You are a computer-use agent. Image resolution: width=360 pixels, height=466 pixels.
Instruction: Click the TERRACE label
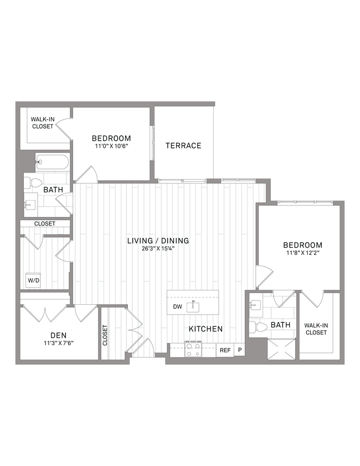[x=183, y=146]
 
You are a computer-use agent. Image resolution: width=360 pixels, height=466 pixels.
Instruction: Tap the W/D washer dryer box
[x=34, y=280]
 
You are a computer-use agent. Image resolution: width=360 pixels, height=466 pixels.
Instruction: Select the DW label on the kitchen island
[x=177, y=306]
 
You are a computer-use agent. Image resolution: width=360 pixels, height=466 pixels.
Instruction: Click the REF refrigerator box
[x=225, y=350]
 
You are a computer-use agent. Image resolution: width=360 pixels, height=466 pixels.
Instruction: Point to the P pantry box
[x=240, y=350]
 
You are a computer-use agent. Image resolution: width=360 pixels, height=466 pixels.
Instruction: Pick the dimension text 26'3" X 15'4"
[x=158, y=249]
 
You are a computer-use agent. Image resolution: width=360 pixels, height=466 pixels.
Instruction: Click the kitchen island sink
[x=194, y=306]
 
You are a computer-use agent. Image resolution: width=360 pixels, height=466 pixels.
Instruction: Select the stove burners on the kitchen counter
[x=193, y=350]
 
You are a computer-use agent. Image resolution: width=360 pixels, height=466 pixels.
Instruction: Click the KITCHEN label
[x=205, y=329]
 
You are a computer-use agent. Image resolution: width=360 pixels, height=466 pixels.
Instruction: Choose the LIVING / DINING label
[x=158, y=241]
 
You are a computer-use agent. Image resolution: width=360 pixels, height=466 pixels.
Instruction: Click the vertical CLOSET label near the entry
[x=105, y=335]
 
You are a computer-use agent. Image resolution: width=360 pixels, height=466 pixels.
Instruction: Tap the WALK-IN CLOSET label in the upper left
[x=42, y=122]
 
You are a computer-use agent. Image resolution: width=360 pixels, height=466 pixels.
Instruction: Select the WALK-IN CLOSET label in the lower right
[x=316, y=329]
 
